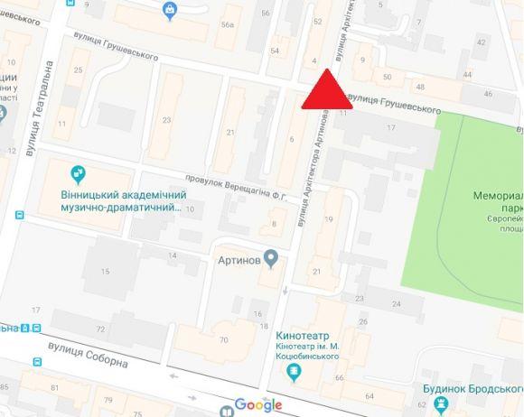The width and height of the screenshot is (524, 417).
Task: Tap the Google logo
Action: point(258,404)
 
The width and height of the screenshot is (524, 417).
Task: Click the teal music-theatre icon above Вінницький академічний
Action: point(78,172)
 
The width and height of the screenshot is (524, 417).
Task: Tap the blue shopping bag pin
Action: point(170,10)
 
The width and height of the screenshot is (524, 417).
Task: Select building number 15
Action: point(105,271)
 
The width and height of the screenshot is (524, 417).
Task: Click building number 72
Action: point(100,328)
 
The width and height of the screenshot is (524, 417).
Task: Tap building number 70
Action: point(223,340)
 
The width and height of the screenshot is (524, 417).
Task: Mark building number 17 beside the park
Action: point(391,129)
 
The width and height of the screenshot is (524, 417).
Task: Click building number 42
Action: point(481,42)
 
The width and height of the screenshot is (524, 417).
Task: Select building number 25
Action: point(79,69)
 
